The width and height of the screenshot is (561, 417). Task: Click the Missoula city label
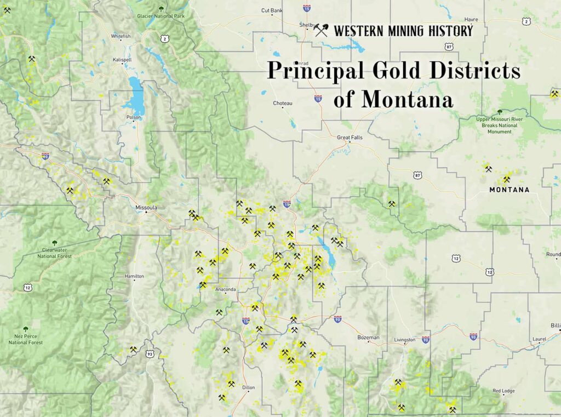146,208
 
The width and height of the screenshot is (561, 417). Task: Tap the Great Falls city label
350,138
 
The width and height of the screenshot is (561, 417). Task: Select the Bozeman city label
368,338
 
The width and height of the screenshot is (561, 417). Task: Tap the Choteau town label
283,103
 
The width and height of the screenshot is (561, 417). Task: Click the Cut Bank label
272,10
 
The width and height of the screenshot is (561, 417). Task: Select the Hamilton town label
134,276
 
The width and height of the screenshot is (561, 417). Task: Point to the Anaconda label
226,289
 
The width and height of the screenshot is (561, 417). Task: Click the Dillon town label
248,387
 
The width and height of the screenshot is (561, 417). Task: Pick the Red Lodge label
503,391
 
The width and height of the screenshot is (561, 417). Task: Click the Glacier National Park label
160,15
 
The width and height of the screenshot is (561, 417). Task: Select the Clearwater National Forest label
54,253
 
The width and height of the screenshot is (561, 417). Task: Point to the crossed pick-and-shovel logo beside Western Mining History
321,30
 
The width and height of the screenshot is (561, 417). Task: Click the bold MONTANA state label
509,190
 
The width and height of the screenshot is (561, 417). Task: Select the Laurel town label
539,339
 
